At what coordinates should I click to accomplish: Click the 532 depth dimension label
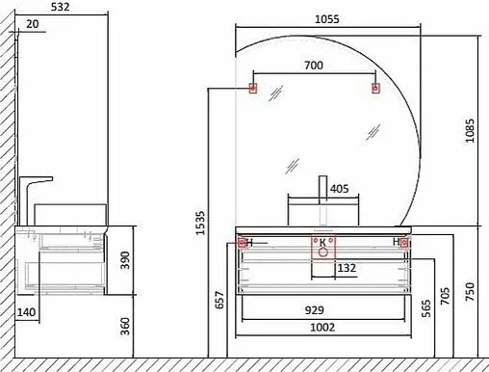tap(60, 7)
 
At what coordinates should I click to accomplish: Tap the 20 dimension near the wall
tap(32, 24)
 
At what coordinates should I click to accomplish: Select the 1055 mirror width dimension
tap(326, 19)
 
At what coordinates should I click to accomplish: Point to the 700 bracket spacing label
tap(314, 66)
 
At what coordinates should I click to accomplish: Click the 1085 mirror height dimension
tap(470, 131)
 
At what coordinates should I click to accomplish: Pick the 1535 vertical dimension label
tap(200, 223)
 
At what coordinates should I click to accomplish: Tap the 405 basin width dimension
tap(339, 189)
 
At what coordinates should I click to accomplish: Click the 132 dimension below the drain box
tap(347, 268)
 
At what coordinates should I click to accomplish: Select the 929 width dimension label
tap(314, 310)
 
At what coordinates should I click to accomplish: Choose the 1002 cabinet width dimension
tap(322, 328)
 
